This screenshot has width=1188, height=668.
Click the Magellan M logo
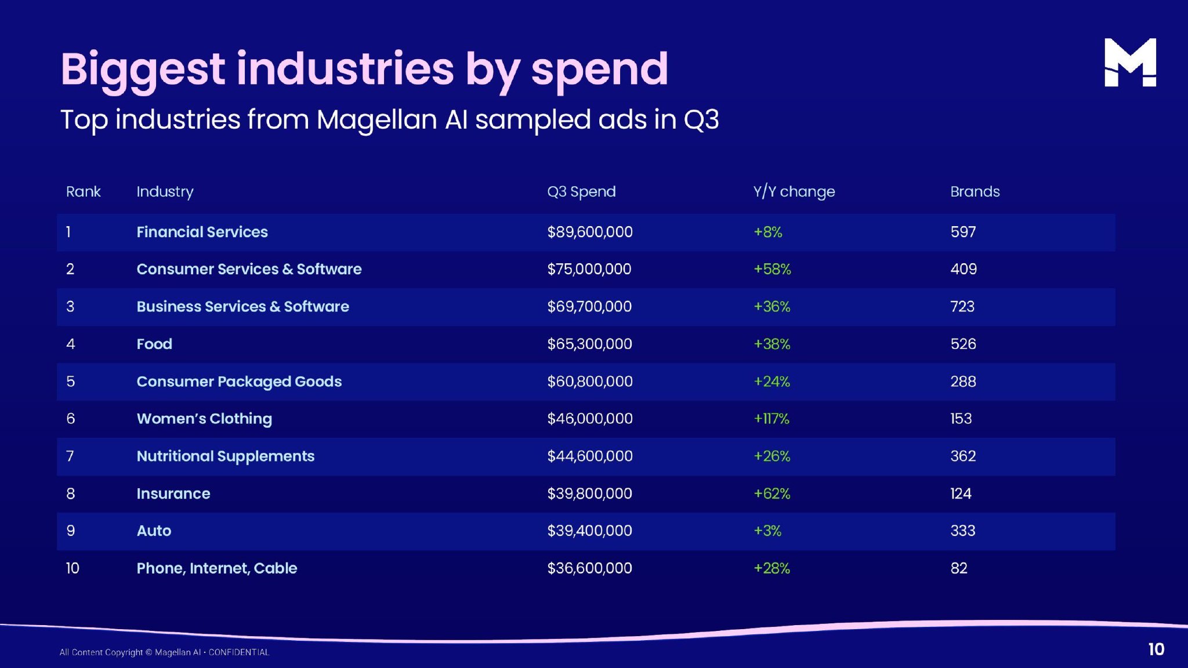(1129, 63)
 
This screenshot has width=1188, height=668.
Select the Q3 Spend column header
(581, 191)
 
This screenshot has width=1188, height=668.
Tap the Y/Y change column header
(794, 191)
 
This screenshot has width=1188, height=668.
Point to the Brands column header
(975, 191)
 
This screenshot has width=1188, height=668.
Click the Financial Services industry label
(202, 232)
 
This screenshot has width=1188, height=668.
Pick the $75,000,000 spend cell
(589, 269)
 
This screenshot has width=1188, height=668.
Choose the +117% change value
(771, 419)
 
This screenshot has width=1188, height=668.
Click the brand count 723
(962, 307)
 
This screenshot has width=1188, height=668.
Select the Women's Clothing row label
(204, 419)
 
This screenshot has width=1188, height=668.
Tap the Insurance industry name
(173, 493)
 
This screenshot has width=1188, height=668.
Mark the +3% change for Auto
(767, 531)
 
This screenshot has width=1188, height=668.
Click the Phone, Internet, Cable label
(216, 568)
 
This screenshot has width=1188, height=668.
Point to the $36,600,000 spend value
(589, 568)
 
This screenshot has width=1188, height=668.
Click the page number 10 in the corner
(1156, 649)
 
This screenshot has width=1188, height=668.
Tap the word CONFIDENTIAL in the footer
(239, 652)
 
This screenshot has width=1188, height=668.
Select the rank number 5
(70, 382)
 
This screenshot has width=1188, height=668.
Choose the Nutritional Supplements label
(225, 456)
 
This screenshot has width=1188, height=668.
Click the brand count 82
(958, 568)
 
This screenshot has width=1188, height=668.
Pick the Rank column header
(83, 191)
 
